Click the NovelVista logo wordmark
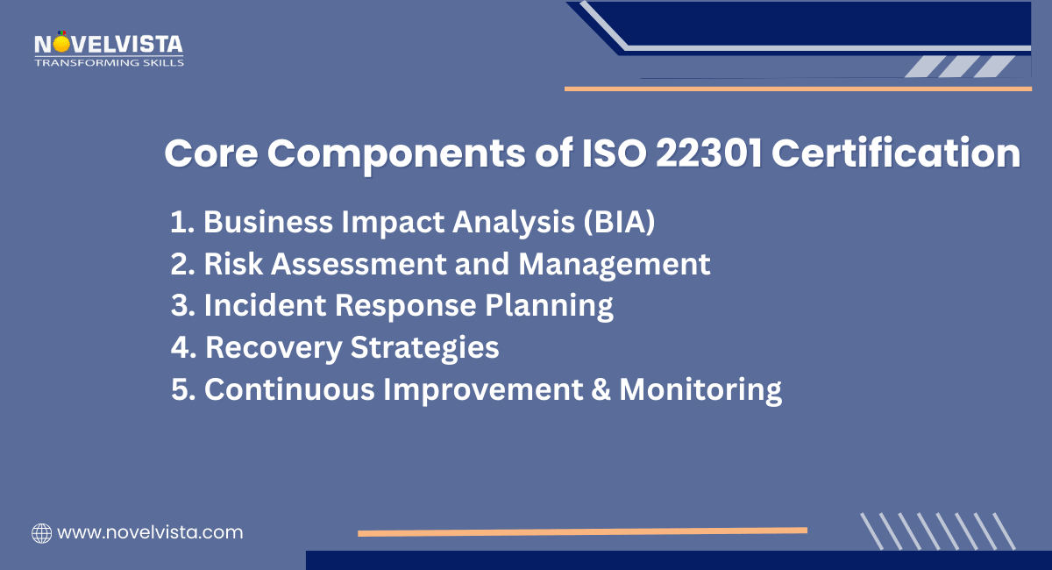point(109,44)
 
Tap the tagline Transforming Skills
point(109,62)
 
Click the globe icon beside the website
point(41,532)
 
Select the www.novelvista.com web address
point(149,532)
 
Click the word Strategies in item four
point(424,348)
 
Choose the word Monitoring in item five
point(700,389)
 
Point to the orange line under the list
point(582,531)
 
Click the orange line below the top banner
point(798,89)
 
